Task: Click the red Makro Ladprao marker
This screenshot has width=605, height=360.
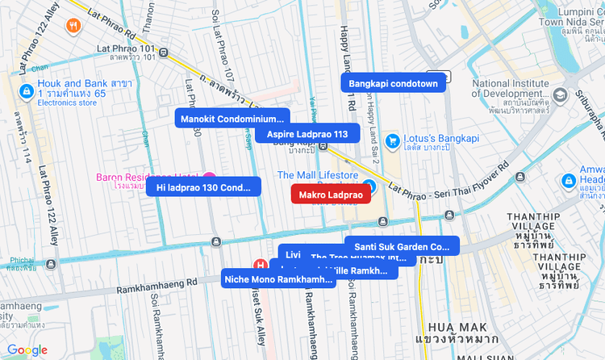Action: tap(331, 195)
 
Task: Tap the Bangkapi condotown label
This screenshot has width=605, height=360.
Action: tap(393, 83)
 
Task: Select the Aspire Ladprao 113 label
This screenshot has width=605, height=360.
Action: tap(301, 134)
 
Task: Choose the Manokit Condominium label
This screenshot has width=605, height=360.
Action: tap(232, 119)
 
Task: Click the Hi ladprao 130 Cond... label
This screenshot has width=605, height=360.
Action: tap(203, 187)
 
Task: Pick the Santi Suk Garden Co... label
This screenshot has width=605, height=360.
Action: tap(402, 246)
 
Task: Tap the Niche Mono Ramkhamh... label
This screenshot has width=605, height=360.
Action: tap(278, 279)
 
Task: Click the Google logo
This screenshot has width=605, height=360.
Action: tap(27, 350)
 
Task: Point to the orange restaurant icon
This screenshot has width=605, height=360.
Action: tap(73, 26)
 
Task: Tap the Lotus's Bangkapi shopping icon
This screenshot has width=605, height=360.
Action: tap(393, 141)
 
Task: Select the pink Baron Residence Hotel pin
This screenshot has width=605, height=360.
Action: tap(209, 178)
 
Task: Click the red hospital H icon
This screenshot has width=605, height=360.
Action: tap(261, 264)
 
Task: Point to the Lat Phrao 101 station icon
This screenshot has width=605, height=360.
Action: tap(164, 52)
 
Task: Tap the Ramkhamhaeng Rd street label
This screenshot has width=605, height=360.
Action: tap(156, 286)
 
